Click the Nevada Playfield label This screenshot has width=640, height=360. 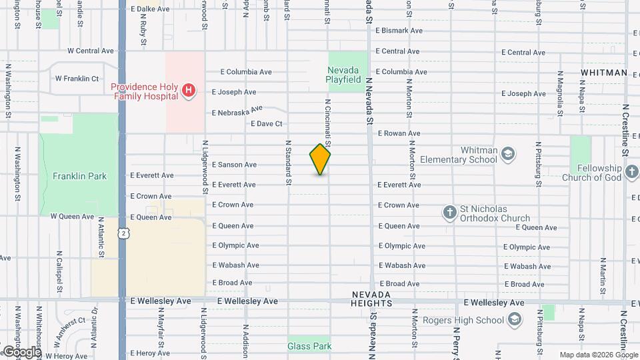pyautogui.click(x=347, y=74)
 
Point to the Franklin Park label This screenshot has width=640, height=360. pyautogui.click(x=79, y=176)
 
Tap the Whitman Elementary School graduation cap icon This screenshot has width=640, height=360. pyautogui.click(x=509, y=155)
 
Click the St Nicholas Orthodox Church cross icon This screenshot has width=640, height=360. pyautogui.click(x=450, y=213)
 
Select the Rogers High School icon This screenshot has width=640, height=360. pyautogui.click(x=514, y=319)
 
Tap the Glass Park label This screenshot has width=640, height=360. pyautogui.click(x=309, y=346)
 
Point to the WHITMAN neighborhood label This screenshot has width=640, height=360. pyautogui.click(x=603, y=73)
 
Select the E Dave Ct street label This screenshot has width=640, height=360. pyautogui.click(x=267, y=123)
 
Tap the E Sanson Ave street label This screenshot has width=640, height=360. pyautogui.click(x=234, y=165)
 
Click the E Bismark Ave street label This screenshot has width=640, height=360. pyautogui.click(x=399, y=31)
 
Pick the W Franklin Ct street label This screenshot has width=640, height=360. pyautogui.click(x=77, y=78)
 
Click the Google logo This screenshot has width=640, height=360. pyautogui.click(x=21, y=351)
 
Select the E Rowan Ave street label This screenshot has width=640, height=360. pyautogui.click(x=399, y=133)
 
